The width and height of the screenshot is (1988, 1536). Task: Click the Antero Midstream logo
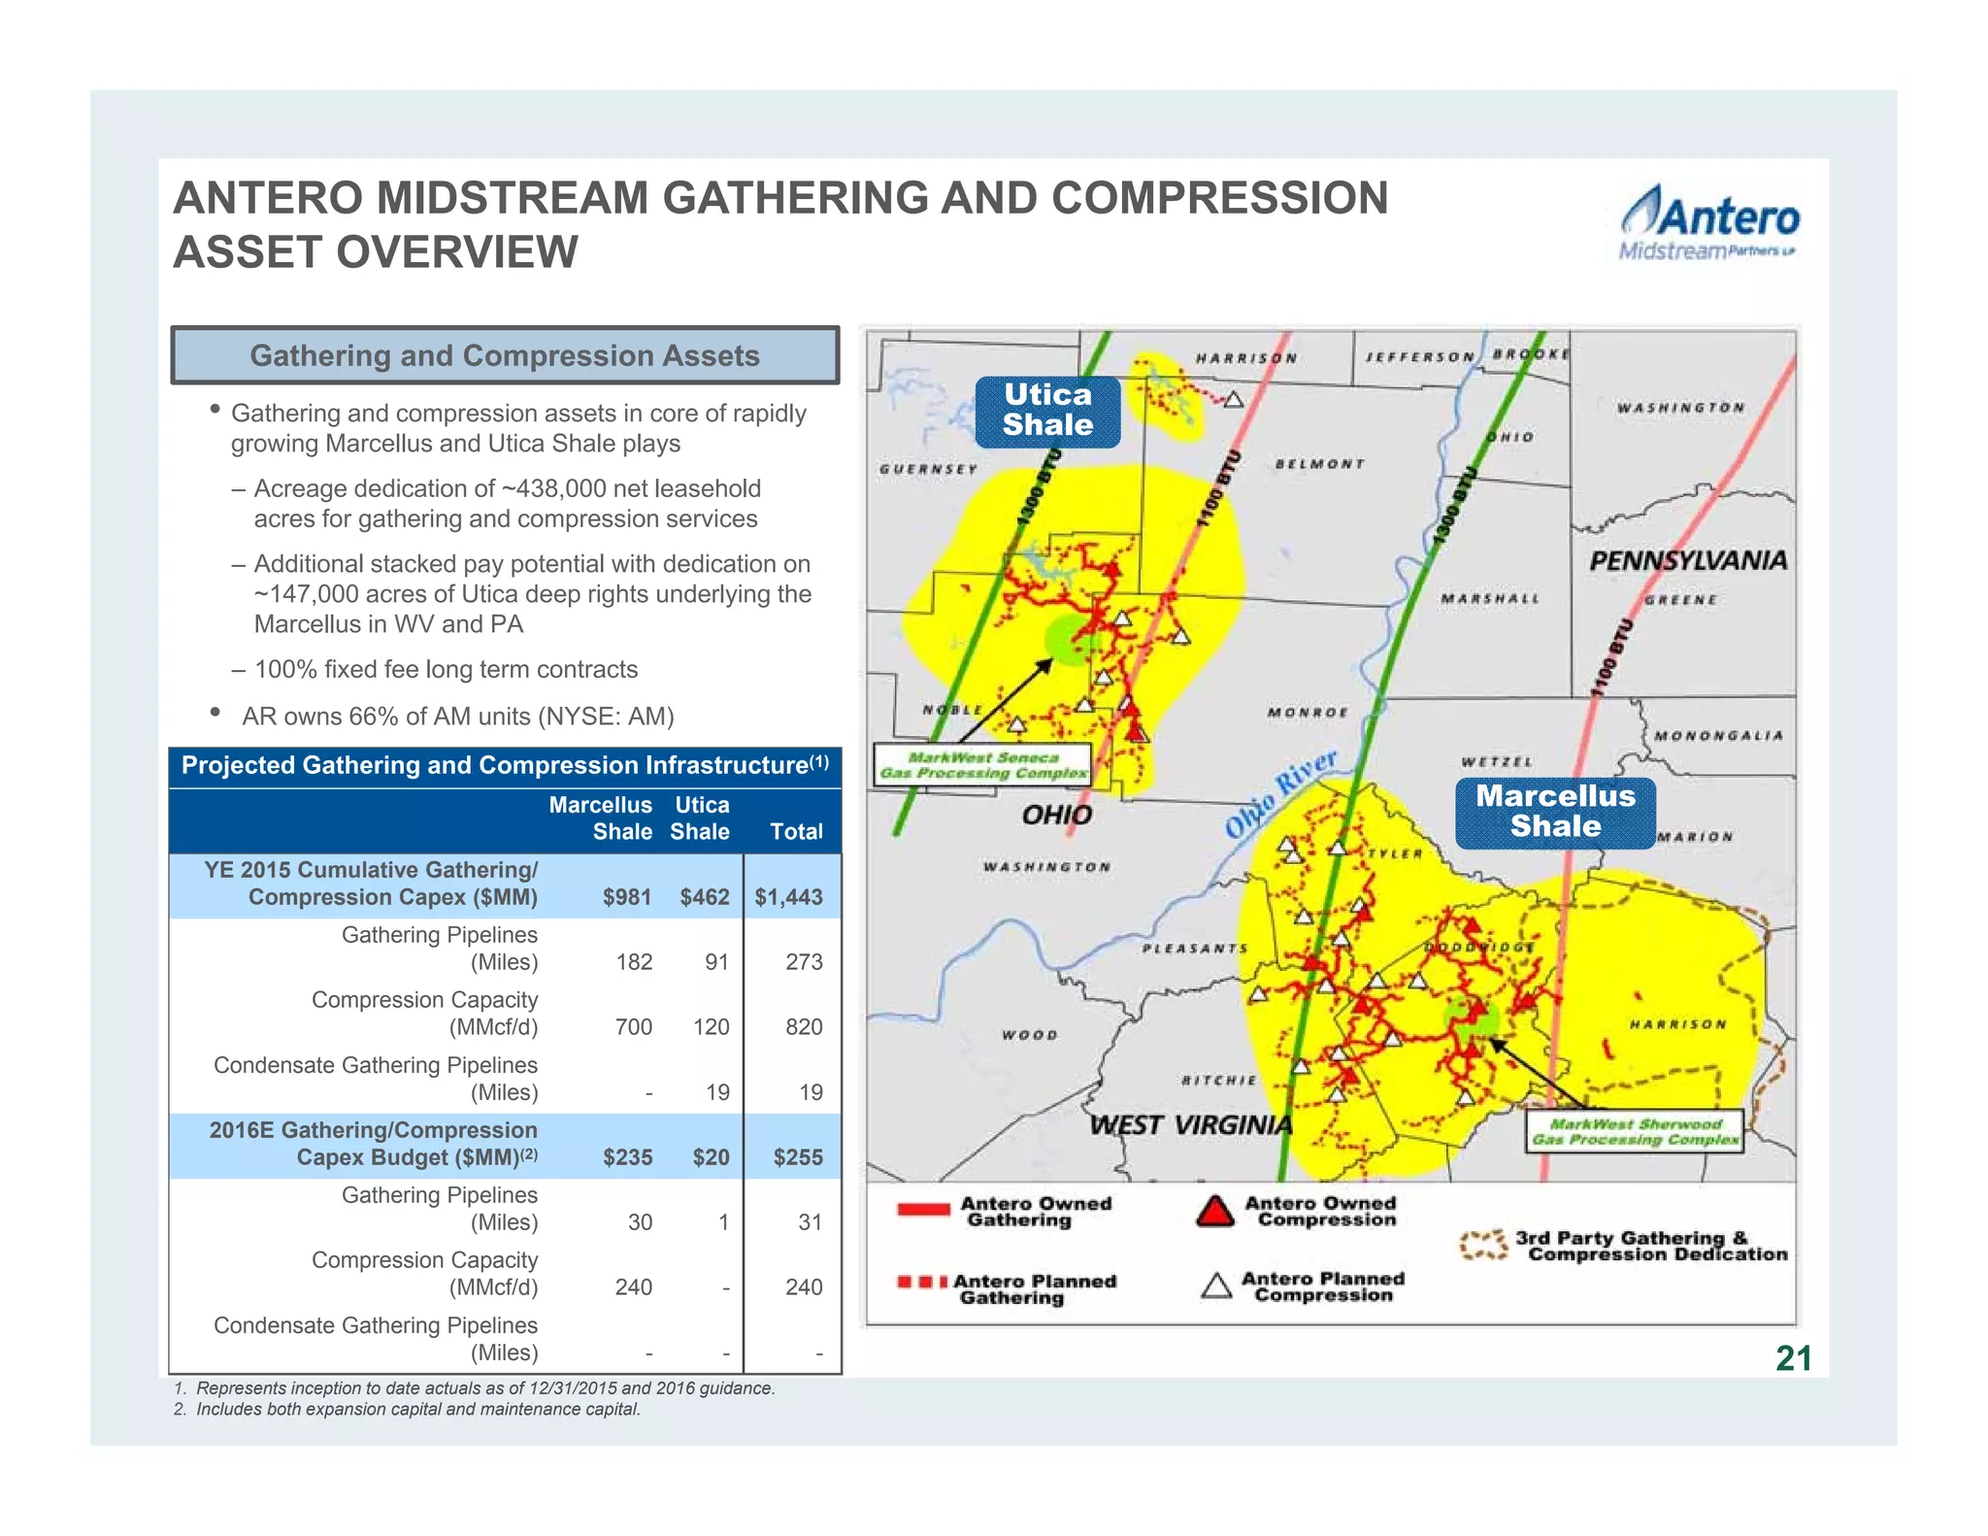tap(1709, 224)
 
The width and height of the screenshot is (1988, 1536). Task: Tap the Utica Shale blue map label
tap(1047, 411)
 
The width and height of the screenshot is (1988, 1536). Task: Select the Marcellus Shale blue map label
tap(1555, 812)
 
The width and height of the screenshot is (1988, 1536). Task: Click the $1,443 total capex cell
tap(788, 897)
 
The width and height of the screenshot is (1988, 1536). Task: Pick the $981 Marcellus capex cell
tap(626, 897)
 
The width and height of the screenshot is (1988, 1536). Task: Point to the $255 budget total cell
tap(797, 1157)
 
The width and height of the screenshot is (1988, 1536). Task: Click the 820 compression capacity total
tap(803, 1027)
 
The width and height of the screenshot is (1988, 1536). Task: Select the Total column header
tap(796, 832)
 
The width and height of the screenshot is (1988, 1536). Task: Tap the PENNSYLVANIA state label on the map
tap(1687, 561)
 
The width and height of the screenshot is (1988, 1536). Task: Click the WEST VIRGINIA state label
tap(1191, 1126)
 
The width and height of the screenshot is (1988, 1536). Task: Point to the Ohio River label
tap(1280, 793)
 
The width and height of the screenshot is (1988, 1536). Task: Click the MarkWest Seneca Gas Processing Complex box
tap(982, 766)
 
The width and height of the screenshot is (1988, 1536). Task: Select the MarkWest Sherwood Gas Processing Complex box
tap(1635, 1132)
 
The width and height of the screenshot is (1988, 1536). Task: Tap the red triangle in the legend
tap(1214, 1212)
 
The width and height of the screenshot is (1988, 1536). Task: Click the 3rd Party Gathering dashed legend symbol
tap(1483, 1246)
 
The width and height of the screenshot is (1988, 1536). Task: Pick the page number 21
tap(1793, 1358)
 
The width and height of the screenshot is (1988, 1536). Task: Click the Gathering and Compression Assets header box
tap(505, 355)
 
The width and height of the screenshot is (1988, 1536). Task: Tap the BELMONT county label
tap(1319, 464)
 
